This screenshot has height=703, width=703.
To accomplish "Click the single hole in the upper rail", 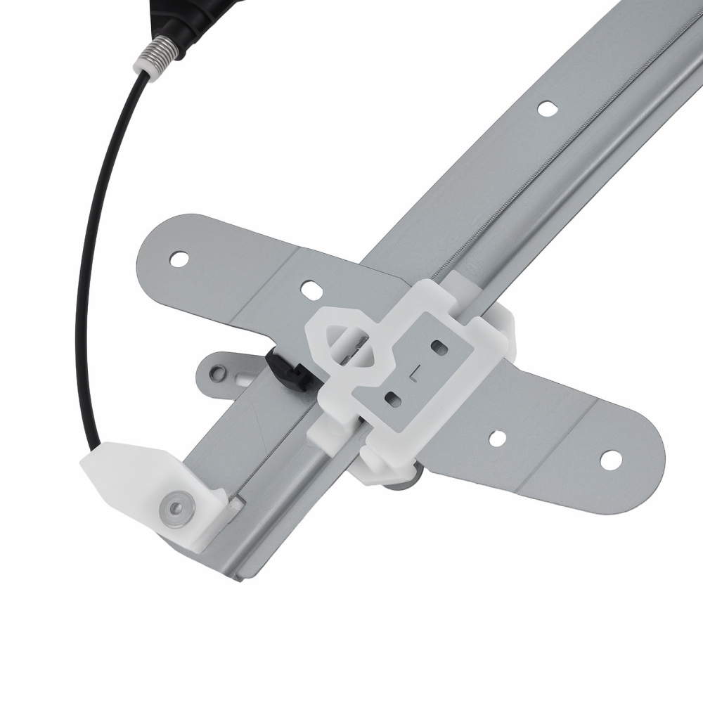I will click(546, 108).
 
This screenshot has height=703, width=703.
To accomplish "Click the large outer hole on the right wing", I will click(610, 459).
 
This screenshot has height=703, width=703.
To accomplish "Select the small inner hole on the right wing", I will click(497, 437).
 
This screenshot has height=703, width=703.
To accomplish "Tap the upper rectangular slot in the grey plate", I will click(440, 347).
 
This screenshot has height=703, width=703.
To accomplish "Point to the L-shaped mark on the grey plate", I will click(417, 373).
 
